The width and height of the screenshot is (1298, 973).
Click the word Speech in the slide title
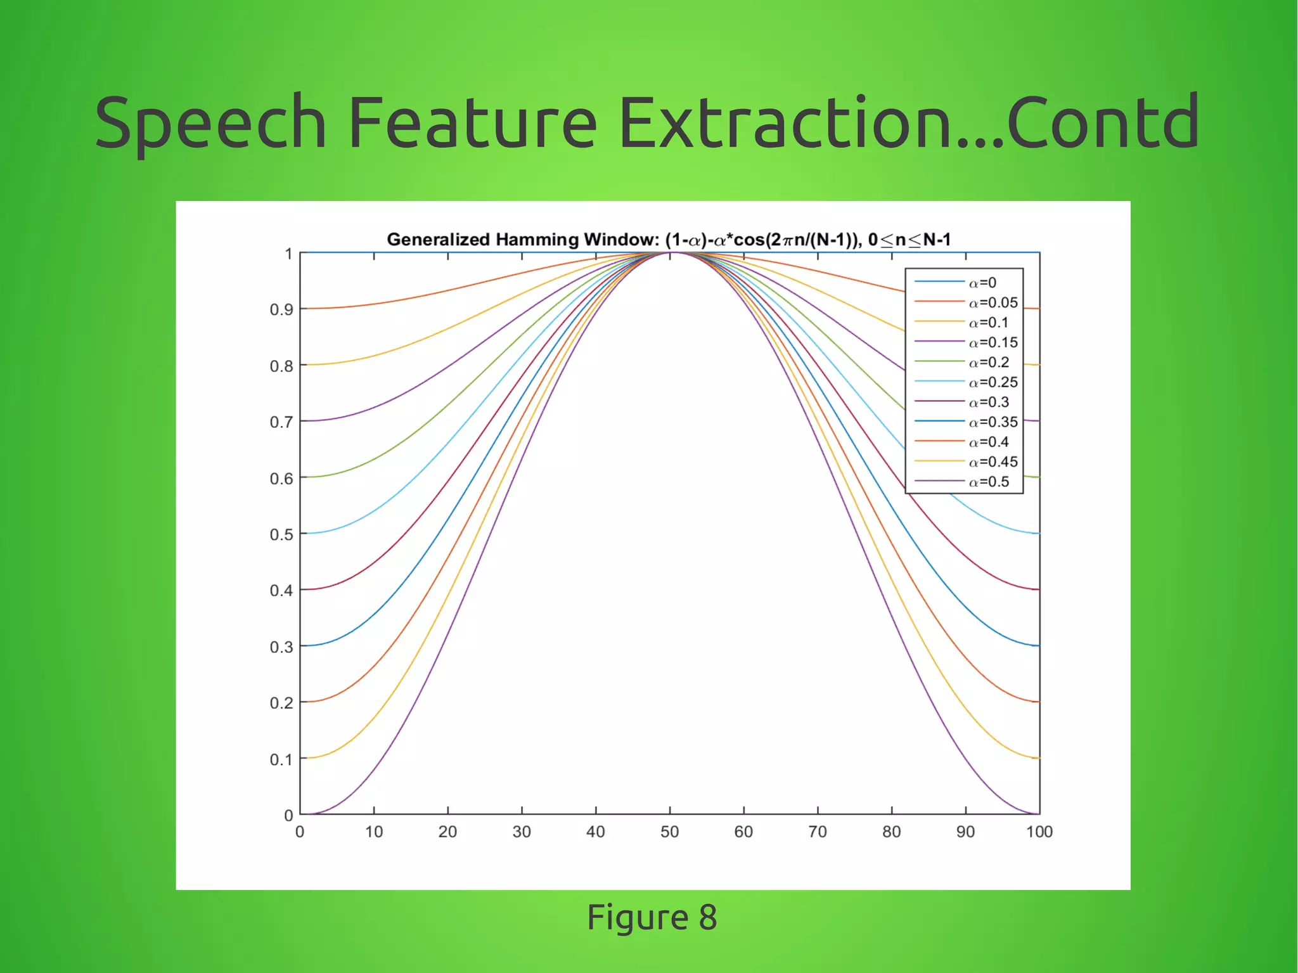[x=210, y=122]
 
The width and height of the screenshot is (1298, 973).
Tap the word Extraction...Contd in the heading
[x=908, y=122]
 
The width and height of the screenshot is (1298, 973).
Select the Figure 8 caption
[x=652, y=917]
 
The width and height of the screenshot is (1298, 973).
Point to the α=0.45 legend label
[x=993, y=462]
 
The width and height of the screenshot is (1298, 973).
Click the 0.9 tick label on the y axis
[x=281, y=309]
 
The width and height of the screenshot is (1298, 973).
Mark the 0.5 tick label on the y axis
[x=281, y=534]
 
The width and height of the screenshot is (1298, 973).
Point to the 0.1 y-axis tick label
[x=281, y=759]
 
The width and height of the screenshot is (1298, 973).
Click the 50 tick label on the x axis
[x=669, y=832]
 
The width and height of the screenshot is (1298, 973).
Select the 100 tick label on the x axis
[x=1039, y=832]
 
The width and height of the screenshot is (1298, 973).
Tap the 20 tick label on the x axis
[x=447, y=832]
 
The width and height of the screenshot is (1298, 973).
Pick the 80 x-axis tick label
[x=891, y=832]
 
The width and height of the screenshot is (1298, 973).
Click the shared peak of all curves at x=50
[x=670, y=253]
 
